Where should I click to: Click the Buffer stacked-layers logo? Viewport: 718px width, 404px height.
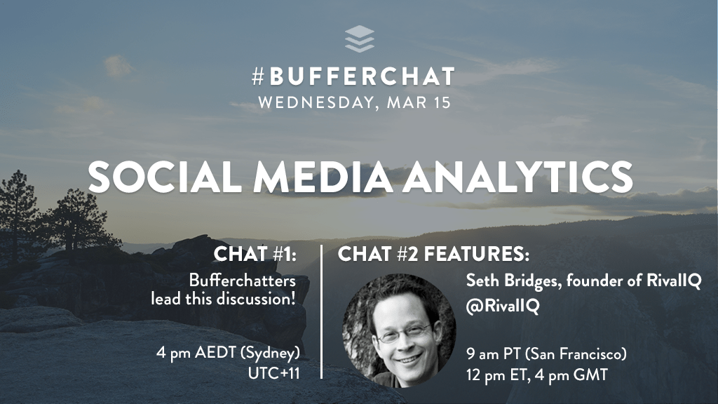click(359, 39)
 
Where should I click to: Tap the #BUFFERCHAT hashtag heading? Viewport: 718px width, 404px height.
click(353, 76)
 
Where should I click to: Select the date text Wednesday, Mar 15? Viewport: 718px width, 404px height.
click(354, 102)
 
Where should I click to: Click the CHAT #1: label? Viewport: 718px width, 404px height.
click(257, 254)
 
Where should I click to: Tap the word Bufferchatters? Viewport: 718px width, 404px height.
click(242, 281)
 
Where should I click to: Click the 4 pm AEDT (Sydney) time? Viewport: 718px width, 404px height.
click(228, 352)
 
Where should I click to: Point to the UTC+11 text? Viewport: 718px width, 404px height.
click(274, 373)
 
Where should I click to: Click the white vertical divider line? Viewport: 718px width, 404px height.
click(321, 312)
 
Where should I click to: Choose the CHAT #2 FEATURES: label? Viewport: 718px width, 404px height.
click(433, 254)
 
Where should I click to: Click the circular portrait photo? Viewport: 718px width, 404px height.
click(399, 330)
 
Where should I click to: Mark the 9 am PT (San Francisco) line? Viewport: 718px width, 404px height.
click(546, 353)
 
